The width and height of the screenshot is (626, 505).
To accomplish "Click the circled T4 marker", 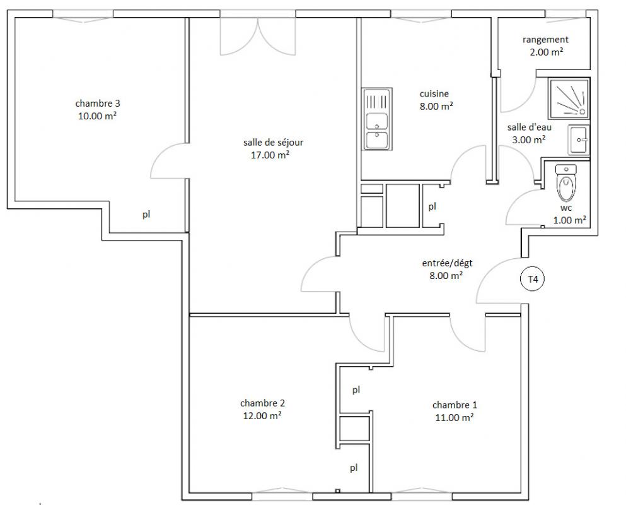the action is pos(533,279).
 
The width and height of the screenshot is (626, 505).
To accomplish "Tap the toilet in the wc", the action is pos(566,183).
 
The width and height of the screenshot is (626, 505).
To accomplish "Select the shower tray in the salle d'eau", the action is pos(569,98).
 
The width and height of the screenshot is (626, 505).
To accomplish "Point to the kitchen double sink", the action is pos(377,119).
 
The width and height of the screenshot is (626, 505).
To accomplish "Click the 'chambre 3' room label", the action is pos(98,104).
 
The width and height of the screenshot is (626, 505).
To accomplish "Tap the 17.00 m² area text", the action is pos(270,155).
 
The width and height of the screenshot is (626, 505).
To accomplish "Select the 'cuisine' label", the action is pos(434,94).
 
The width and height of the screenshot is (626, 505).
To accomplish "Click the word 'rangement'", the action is pos(545,40).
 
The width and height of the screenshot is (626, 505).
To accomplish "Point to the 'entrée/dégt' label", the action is pos(447,263).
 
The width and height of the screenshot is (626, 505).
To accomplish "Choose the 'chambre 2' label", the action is pos(262,403).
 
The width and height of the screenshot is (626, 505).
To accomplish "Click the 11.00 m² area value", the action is pos(455,417).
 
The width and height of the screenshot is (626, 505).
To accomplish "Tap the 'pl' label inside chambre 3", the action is pos(146,215).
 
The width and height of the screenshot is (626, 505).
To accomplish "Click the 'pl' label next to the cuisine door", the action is pos(432,206).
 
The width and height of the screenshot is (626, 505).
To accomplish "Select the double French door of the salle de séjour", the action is pos(258,36).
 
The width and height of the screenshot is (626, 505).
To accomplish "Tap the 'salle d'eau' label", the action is pos(530,127).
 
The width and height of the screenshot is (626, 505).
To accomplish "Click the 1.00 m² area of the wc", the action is pos(569,220).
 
